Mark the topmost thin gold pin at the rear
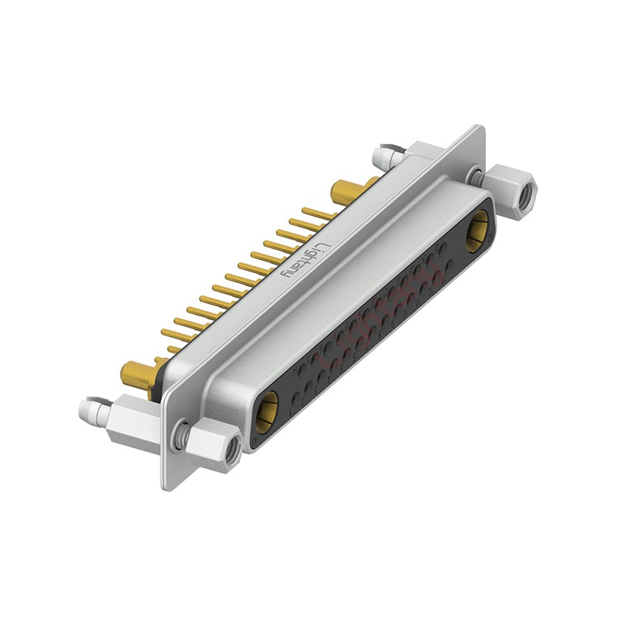point(316,211)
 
